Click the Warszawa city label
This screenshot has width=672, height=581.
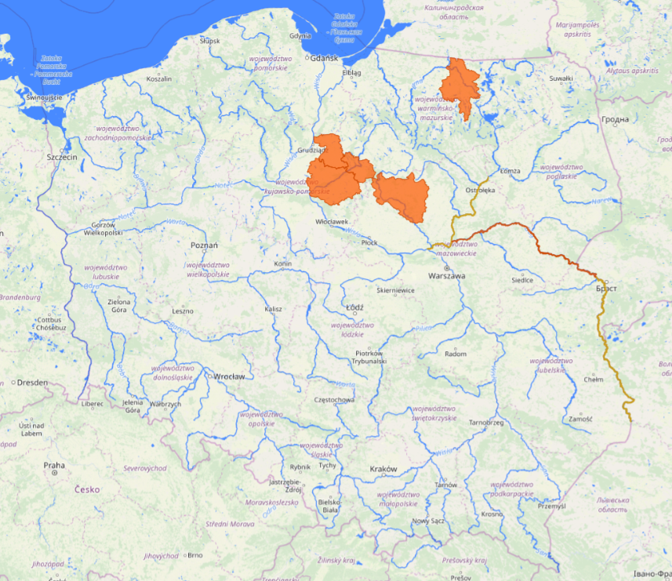point(446,277)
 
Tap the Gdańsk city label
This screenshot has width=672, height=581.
point(323,58)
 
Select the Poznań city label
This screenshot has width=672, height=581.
point(204,245)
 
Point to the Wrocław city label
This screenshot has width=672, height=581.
point(229,376)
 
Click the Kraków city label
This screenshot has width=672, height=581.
point(383,469)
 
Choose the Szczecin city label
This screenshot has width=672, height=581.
point(62,157)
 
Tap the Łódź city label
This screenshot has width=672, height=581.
point(354,307)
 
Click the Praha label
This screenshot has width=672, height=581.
point(54,465)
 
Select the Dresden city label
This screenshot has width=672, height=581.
point(31,383)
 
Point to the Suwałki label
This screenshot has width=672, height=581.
point(561,78)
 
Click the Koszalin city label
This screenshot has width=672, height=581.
point(159,79)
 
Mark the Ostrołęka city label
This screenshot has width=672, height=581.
point(481,190)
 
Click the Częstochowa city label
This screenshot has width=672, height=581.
point(333,400)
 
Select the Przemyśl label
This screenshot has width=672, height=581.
point(551,507)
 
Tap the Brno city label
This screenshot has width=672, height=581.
point(195,555)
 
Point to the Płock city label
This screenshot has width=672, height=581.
point(369,243)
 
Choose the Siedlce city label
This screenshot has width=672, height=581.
point(522,280)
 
